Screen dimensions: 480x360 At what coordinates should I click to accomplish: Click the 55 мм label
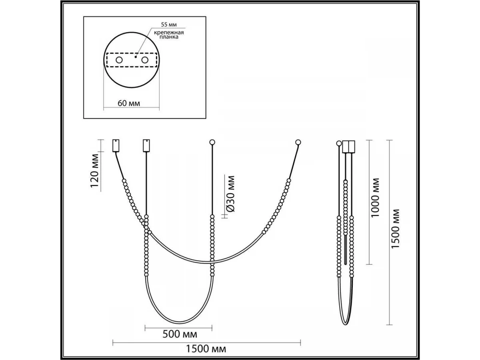(169, 24)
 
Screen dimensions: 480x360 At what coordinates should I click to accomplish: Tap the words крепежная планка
(169, 35)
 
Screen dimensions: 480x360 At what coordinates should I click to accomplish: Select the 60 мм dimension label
(129, 103)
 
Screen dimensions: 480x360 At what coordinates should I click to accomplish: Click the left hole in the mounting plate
(119, 60)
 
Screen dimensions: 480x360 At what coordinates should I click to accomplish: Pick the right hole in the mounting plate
(145, 60)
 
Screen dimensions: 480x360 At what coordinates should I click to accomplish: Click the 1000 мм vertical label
(375, 198)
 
